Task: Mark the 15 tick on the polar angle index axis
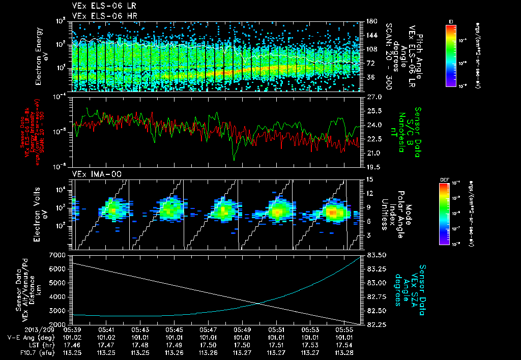click(x=369, y=179)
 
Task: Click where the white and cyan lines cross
click(x=259, y=304)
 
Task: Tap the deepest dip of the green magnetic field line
click(x=234, y=160)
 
